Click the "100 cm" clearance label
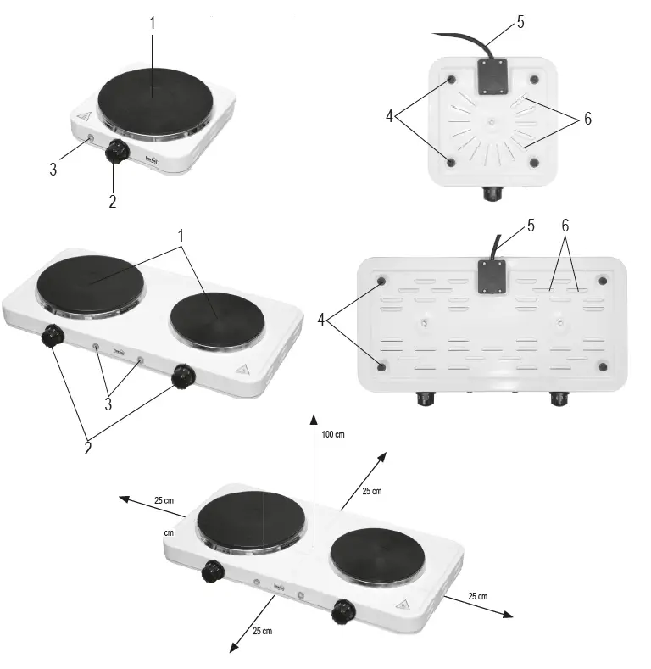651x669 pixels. [333, 434]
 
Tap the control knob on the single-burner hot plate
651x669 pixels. [118, 152]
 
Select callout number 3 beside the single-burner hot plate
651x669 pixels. [53, 169]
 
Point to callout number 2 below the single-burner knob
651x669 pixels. [113, 201]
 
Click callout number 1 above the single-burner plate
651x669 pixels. [153, 23]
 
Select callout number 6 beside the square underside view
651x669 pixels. [586, 119]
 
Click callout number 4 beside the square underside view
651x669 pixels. [390, 116]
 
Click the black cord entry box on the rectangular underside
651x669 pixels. [491, 276]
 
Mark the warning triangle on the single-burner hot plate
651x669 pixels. [83, 118]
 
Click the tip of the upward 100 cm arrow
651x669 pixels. [314, 415]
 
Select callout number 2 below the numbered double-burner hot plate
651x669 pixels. [87, 449]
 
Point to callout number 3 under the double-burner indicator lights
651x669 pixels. [108, 404]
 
